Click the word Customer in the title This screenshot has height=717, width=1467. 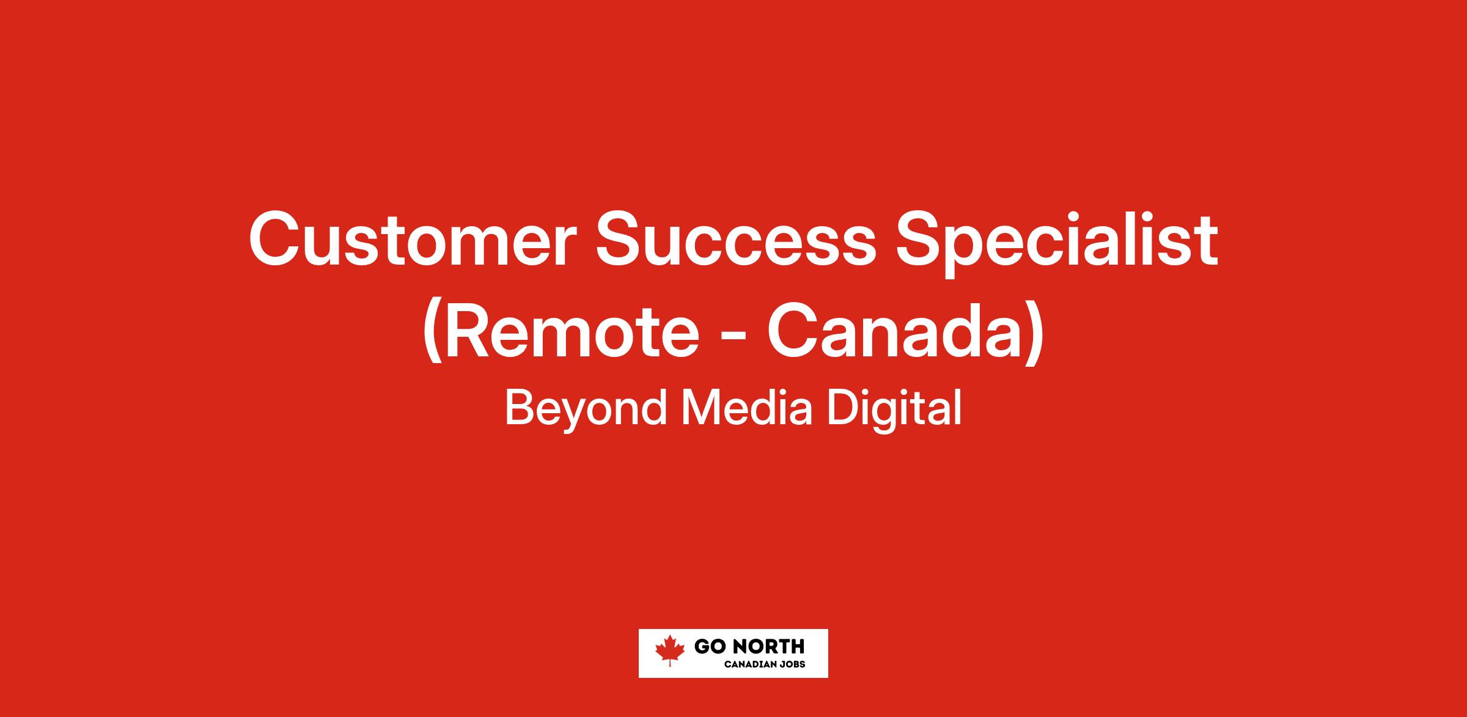413,239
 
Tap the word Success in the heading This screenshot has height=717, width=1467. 732,239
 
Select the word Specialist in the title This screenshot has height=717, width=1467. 1057,244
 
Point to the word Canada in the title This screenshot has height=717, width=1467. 894,333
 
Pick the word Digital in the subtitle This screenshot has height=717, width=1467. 895,410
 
